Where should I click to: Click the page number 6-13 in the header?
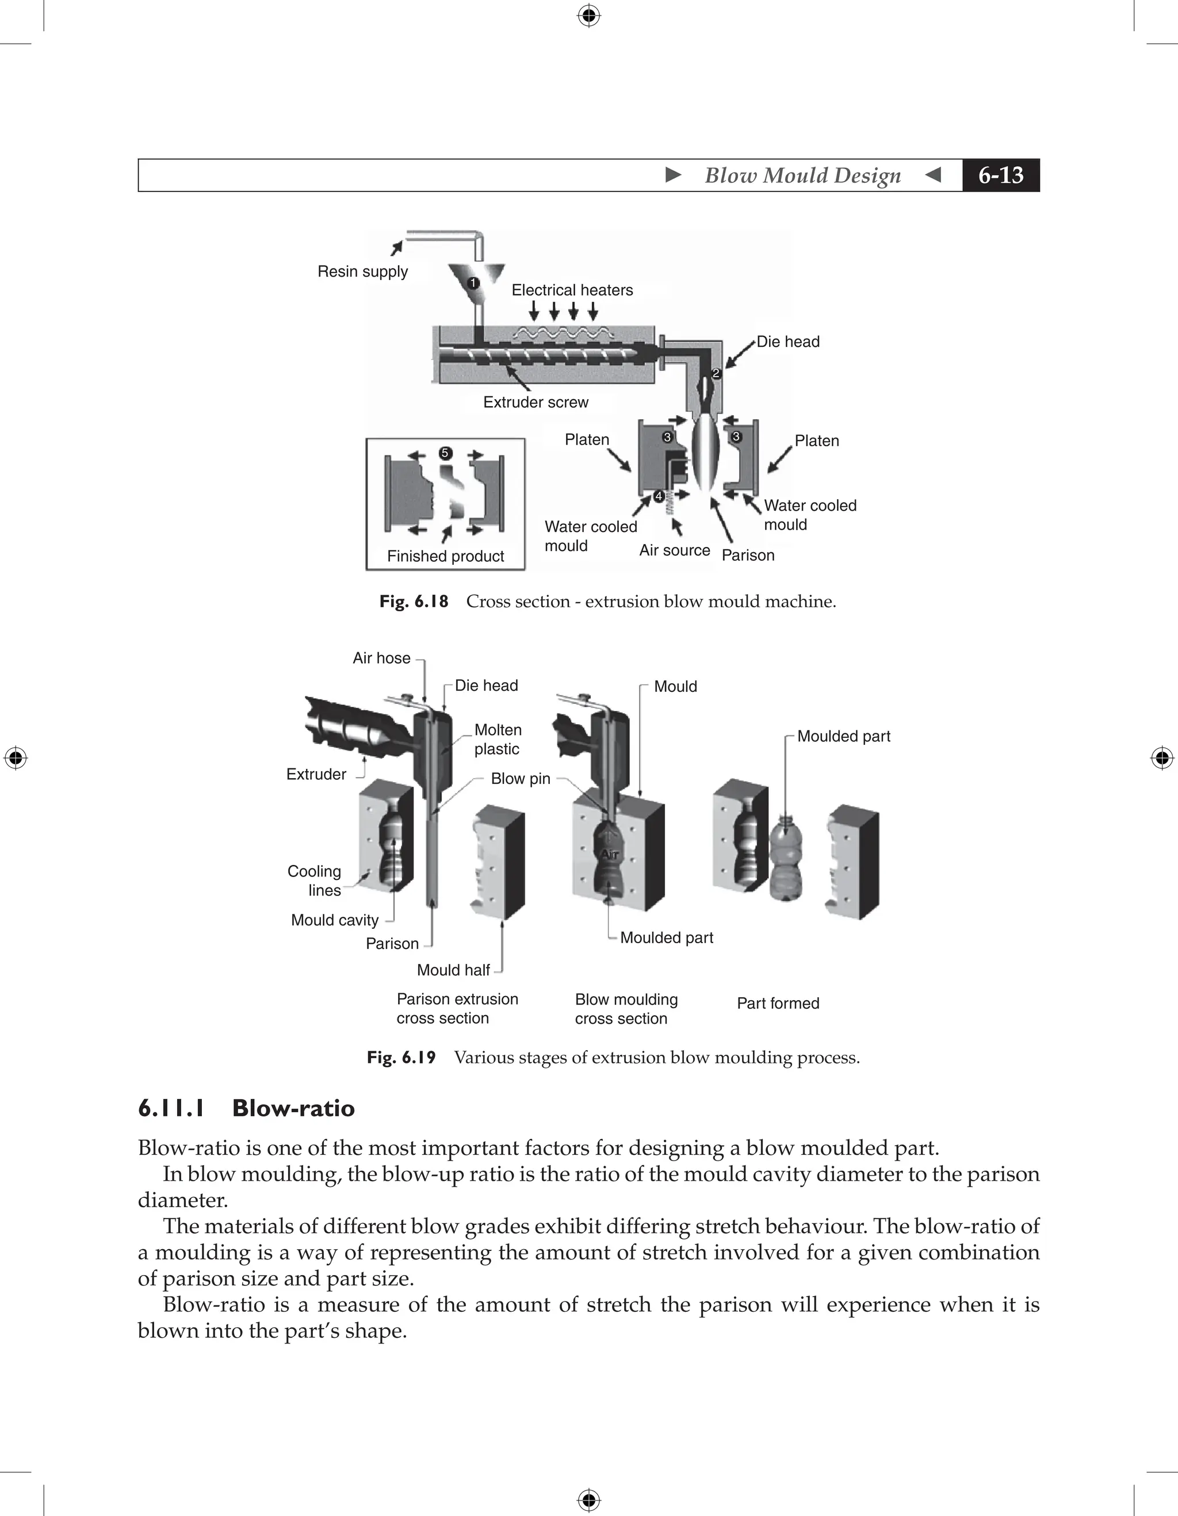tap(1000, 175)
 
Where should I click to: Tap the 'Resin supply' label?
tap(362, 271)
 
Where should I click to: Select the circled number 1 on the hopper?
tap(473, 283)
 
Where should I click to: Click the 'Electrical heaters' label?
tap(572, 290)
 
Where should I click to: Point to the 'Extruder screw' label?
tap(535, 403)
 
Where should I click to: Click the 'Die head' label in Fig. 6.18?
tap(788, 342)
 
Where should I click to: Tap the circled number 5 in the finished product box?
tap(446, 453)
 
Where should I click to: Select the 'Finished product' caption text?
tap(446, 556)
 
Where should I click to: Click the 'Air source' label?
tap(674, 550)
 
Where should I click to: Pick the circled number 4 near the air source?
tap(659, 496)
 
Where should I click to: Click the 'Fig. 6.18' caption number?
tap(414, 601)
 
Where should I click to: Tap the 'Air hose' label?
tap(381, 658)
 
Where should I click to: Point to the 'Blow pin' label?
tap(520, 779)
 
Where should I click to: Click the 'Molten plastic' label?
tap(497, 739)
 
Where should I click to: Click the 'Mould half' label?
tap(453, 970)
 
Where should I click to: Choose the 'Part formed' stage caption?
tap(778, 1003)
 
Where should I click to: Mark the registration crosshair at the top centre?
tap(588, 16)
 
